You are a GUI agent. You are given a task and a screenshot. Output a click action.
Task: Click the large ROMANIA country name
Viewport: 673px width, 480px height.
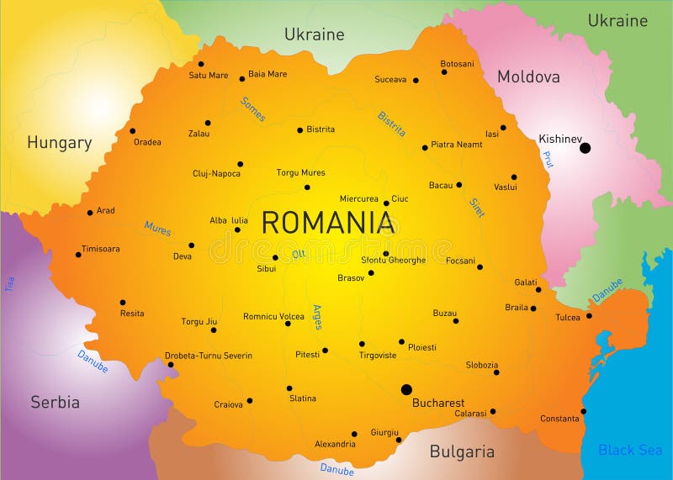pyautogui.click(x=328, y=223)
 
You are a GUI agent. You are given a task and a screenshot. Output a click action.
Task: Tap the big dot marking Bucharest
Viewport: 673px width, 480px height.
pyautogui.click(x=406, y=389)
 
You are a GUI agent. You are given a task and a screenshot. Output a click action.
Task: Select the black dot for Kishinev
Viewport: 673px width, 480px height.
pyautogui.click(x=585, y=148)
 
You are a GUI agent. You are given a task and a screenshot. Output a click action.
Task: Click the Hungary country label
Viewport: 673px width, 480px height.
pyautogui.click(x=59, y=143)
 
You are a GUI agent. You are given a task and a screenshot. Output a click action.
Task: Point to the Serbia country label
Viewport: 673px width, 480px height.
pyautogui.click(x=56, y=402)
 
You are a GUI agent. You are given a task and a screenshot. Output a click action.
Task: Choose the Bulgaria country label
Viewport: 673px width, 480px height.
pyautogui.click(x=462, y=451)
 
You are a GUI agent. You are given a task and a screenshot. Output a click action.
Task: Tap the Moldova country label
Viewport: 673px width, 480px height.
pyautogui.click(x=528, y=77)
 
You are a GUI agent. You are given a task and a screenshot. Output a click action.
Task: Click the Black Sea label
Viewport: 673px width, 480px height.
pyautogui.click(x=629, y=451)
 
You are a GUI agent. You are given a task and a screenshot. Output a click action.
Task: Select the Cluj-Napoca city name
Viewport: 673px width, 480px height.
pyautogui.click(x=216, y=174)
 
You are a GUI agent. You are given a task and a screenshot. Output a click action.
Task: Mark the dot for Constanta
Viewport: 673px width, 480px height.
pyautogui.click(x=583, y=411)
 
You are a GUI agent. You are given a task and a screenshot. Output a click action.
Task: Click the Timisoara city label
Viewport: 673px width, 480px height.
pyautogui.click(x=100, y=249)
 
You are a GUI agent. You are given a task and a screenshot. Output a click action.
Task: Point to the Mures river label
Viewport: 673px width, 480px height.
pyautogui.click(x=157, y=228)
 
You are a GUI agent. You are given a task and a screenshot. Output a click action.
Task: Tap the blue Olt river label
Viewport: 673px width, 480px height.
pyautogui.click(x=298, y=254)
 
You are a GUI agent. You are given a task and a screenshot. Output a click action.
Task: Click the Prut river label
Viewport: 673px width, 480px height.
pyautogui.click(x=548, y=159)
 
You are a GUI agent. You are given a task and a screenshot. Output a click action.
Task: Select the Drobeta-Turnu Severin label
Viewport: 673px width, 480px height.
pyautogui.click(x=208, y=356)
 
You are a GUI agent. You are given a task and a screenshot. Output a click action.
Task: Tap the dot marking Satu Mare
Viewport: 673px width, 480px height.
pyautogui.click(x=201, y=64)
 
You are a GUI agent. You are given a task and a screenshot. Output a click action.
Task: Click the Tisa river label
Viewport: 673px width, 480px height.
pyautogui.click(x=10, y=284)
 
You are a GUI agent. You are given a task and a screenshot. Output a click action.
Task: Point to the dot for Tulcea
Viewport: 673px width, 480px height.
pyautogui.click(x=589, y=316)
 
